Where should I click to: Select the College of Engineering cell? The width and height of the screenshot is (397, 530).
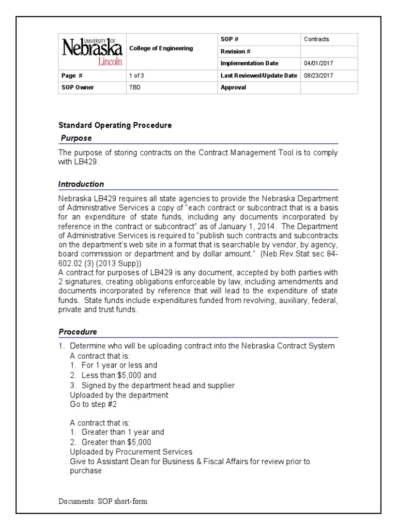coord(161,48)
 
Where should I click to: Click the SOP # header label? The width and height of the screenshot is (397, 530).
coord(229,39)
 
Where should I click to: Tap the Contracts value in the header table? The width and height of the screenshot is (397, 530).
coord(316,39)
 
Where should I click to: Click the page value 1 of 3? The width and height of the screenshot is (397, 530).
coord(136,76)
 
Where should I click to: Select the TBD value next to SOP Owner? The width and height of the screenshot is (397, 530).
coord(134,87)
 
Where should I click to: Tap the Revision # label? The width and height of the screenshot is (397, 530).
coord(235,51)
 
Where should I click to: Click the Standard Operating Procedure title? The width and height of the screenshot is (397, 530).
coord(115,125)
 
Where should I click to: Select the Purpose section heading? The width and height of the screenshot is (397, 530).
coord(76,138)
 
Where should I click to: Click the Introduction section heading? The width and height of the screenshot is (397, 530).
coord(81,184)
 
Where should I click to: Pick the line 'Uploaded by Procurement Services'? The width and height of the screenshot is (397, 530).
coord(131,452)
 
